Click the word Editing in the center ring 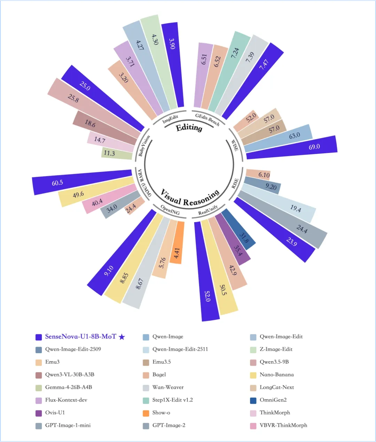coord(189,128)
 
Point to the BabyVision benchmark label coord(144,146)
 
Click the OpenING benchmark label coord(170,210)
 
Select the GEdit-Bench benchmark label coord(207,119)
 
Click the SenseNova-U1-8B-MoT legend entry coord(80,337)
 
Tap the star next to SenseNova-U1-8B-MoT coord(122,337)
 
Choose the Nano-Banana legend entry coord(276,375)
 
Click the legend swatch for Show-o coord(146,413)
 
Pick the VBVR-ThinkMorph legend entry coord(283,425)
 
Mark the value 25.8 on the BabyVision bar coord(73,98)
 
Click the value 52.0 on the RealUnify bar coord(207,296)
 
